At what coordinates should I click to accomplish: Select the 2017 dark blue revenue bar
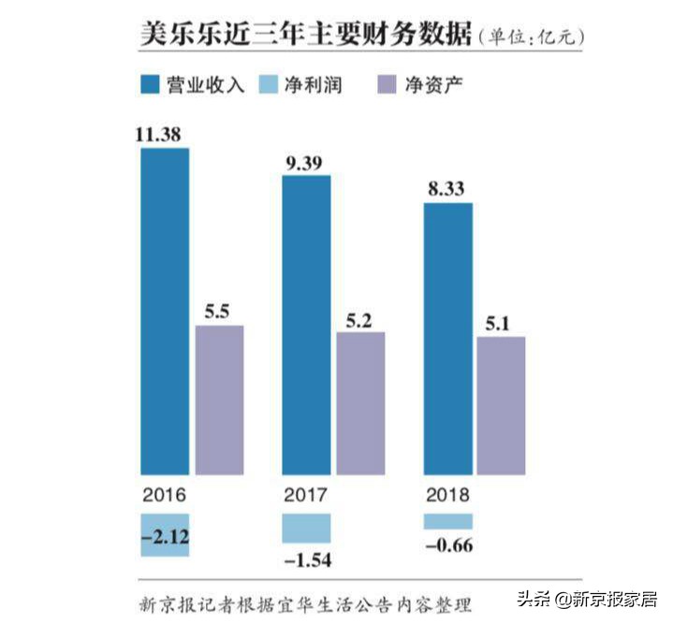(306, 325)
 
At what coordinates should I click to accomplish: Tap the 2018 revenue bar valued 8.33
(447, 338)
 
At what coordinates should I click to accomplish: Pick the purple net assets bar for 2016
(219, 399)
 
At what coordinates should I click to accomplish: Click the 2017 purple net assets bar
(360, 402)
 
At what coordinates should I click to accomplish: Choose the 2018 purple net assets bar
(501, 405)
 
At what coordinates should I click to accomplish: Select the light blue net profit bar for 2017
(306, 528)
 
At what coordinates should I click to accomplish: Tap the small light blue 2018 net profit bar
(447, 521)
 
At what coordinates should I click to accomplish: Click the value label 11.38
(158, 135)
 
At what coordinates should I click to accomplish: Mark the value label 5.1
(501, 324)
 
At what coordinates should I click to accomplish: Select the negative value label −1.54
(306, 559)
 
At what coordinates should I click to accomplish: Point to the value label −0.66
(448, 544)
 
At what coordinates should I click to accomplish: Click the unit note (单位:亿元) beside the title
(531, 37)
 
